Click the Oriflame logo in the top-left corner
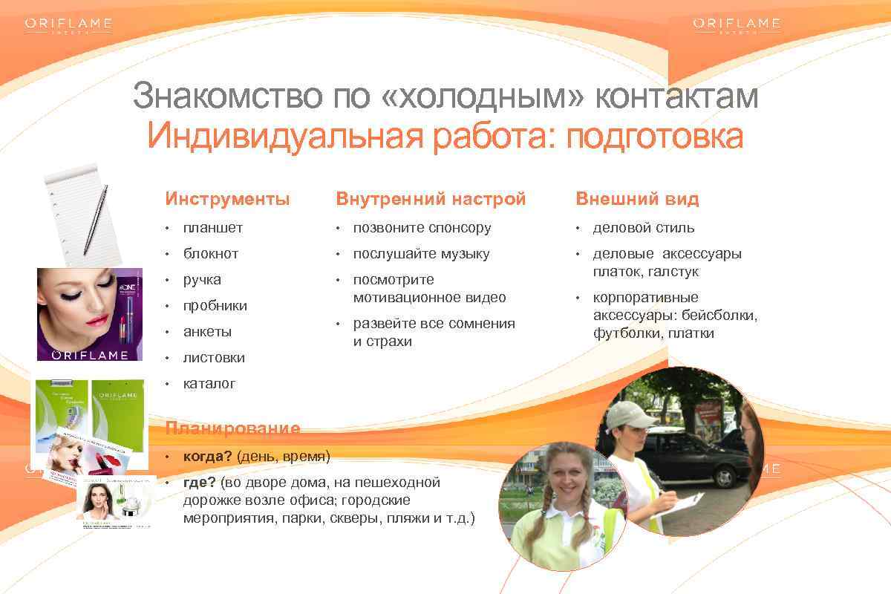(x=68, y=25)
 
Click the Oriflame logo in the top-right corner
(x=737, y=25)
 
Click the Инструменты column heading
(x=227, y=199)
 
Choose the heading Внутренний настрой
(x=431, y=199)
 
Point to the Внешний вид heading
(x=637, y=199)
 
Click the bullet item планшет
(x=213, y=228)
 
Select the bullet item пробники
(x=215, y=306)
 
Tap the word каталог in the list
(x=209, y=384)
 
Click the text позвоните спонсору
(x=422, y=228)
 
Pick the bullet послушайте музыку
(x=421, y=254)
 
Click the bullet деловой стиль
(x=643, y=228)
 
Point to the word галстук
(x=675, y=272)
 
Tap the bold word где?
(x=200, y=483)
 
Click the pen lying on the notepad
(x=96, y=219)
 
